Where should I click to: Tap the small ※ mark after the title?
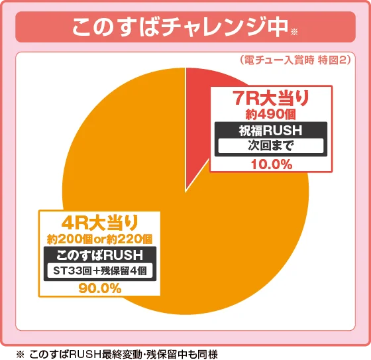(x=295, y=31)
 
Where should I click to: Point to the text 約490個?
(x=271, y=115)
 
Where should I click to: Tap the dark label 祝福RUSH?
(x=271, y=130)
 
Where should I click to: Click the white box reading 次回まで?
(x=271, y=145)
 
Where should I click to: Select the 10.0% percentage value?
(x=271, y=164)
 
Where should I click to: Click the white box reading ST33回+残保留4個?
(x=101, y=270)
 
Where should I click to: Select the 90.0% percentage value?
(x=100, y=288)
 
